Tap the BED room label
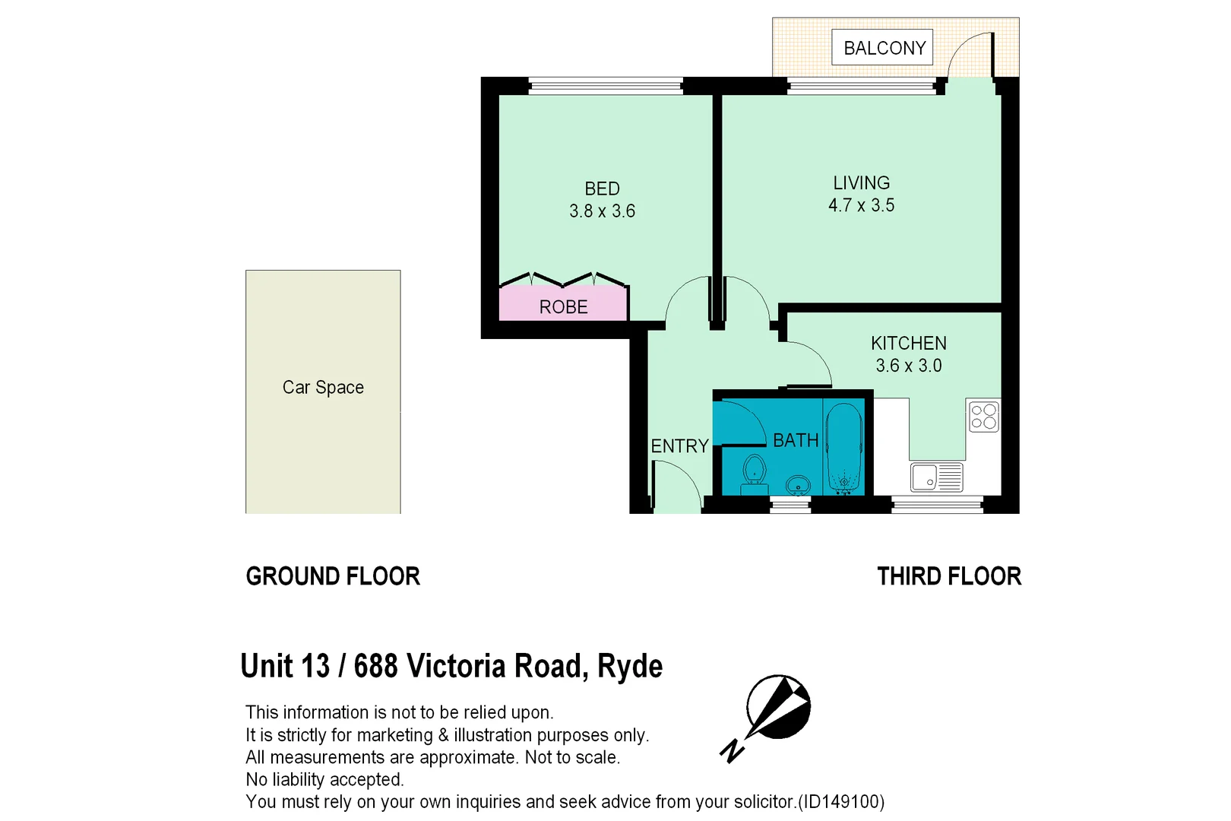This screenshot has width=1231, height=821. coord(602,189)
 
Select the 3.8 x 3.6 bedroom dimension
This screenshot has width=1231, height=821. coord(602,211)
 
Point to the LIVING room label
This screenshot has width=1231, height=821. coord(861,183)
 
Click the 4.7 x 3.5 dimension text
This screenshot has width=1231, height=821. coord(861,205)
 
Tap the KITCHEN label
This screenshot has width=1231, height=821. coord(908,343)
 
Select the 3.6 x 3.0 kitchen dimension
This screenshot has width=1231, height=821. coord(908,366)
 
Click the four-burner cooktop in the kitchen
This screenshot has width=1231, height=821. coord(983,417)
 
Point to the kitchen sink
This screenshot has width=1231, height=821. coord(936,477)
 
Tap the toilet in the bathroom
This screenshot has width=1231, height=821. coord(754,471)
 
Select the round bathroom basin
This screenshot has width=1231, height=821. coord(798,484)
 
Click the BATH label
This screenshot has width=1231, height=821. coord(796,440)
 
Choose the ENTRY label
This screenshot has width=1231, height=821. coord(679,446)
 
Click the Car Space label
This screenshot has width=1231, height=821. coord(323,388)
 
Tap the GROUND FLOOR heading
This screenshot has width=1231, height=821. coord(333,576)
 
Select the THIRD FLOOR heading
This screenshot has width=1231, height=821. coord(949,576)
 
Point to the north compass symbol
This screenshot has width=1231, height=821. coord(775,709)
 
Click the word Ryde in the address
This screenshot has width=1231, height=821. coord(630,667)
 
